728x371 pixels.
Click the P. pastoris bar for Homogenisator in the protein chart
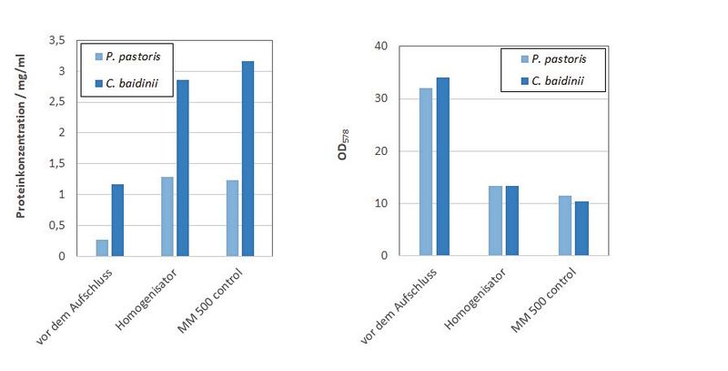pyautogui.click(x=167, y=216)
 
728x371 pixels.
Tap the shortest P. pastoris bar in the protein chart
pyautogui.click(x=102, y=247)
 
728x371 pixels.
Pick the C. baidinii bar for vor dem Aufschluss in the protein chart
pyautogui.click(x=117, y=220)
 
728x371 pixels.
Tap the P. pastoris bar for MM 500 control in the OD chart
pyautogui.click(x=565, y=225)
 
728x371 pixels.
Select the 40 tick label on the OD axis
pyautogui.click(x=381, y=46)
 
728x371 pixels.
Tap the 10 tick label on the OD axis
pyautogui.click(x=381, y=203)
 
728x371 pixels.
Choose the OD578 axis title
pyautogui.click(x=343, y=149)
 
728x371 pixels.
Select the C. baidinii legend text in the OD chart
pyautogui.click(x=558, y=81)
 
